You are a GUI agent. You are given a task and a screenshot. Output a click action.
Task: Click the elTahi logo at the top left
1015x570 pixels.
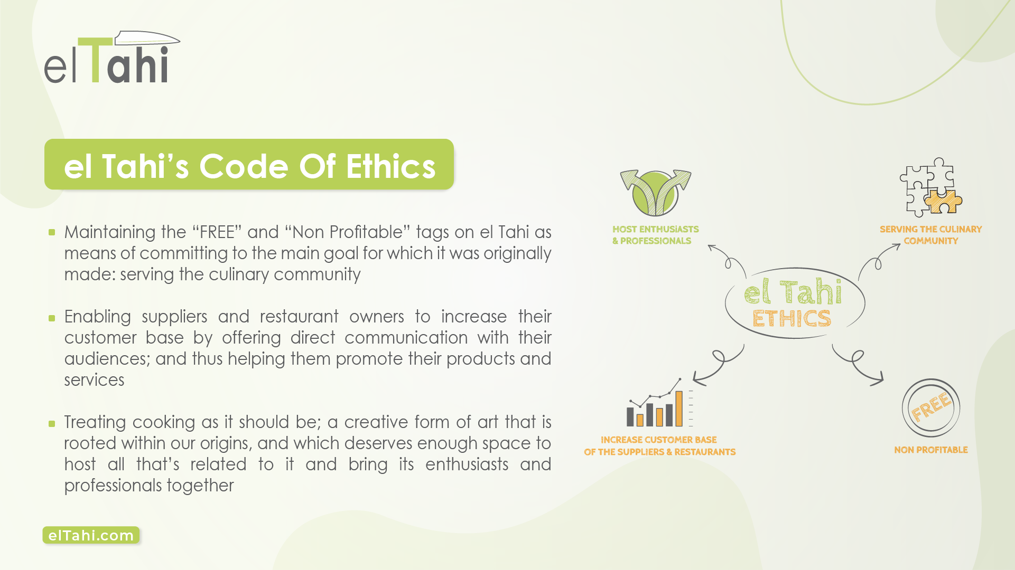pyautogui.click(x=112, y=57)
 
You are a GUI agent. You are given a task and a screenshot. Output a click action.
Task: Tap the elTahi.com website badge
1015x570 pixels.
pyautogui.click(x=91, y=535)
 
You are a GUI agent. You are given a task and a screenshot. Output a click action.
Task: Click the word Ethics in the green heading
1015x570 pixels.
pyautogui.click(x=390, y=166)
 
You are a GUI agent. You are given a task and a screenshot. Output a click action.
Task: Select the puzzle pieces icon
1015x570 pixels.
pyautogui.click(x=931, y=187)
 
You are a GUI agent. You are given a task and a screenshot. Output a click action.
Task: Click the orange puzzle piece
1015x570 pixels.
pyautogui.click(x=943, y=202)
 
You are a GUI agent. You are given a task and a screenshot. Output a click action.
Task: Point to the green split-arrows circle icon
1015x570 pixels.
pyautogui.click(x=656, y=193)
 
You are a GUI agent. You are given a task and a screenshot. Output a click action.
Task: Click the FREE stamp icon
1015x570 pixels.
pyautogui.click(x=931, y=407)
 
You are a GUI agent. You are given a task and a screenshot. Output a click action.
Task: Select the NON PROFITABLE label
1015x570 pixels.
pyautogui.click(x=931, y=450)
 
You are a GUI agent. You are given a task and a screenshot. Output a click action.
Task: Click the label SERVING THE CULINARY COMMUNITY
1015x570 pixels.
pyautogui.click(x=931, y=235)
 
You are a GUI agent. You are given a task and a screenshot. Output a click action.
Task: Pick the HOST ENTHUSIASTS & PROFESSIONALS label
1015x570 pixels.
pyautogui.click(x=655, y=235)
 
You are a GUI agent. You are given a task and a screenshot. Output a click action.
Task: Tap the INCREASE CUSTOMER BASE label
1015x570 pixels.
pyautogui.click(x=659, y=446)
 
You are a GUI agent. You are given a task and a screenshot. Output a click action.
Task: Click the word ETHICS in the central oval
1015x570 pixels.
pyautogui.click(x=791, y=319)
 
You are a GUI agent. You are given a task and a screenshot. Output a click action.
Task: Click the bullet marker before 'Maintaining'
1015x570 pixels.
pyautogui.click(x=52, y=232)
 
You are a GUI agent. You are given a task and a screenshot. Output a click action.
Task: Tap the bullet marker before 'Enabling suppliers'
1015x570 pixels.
pyautogui.click(x=52, y=318)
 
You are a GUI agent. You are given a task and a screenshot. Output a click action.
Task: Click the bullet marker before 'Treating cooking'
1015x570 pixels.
pyautogui.click(x=52, y=423)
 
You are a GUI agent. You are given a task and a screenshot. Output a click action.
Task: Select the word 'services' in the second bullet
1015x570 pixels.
pyautogui.click(x=95, y=380)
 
